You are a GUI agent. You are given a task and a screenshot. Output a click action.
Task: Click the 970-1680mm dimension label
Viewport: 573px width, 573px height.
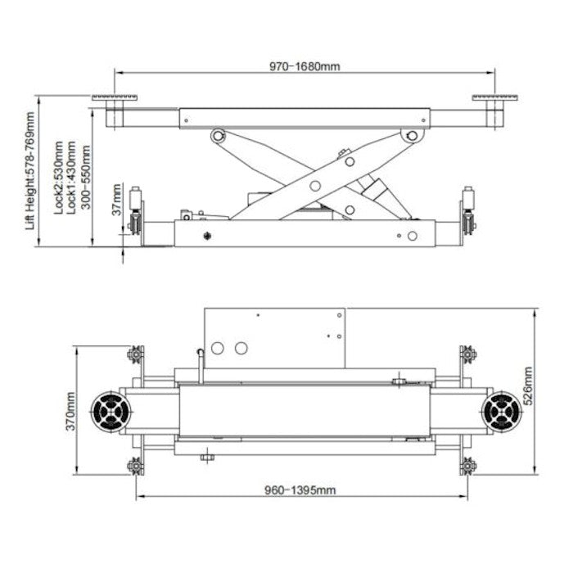pyautogui.click(x=305, y=66)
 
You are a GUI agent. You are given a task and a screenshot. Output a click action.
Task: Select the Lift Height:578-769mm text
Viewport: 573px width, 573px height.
pyautogui.click(x=30, y=171)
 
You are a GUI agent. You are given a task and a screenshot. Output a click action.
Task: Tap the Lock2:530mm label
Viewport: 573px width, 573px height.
pyautogui.click(x=58, y=178)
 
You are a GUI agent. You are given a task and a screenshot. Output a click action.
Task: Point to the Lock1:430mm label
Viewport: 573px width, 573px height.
pyautogui.click(x=71, y=178)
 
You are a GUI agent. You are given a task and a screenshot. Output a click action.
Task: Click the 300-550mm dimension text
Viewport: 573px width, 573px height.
pyautogui.click(x=85, y=178)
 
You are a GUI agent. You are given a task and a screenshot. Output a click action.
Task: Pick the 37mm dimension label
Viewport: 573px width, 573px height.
pyautogui.click(x=116, y=200)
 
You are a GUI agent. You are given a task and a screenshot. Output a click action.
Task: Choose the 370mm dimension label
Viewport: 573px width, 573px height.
pyautogui.click(x=70, y=411)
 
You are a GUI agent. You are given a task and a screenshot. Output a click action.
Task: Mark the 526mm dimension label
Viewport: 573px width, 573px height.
pyautogui.click(x=528, y=386)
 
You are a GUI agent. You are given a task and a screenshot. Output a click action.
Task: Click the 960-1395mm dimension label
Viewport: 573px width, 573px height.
pyautogui.click(x=300, y=490)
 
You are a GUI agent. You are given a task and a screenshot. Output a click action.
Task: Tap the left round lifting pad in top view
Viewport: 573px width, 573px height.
pyautogui.click(x=111, y=412)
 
